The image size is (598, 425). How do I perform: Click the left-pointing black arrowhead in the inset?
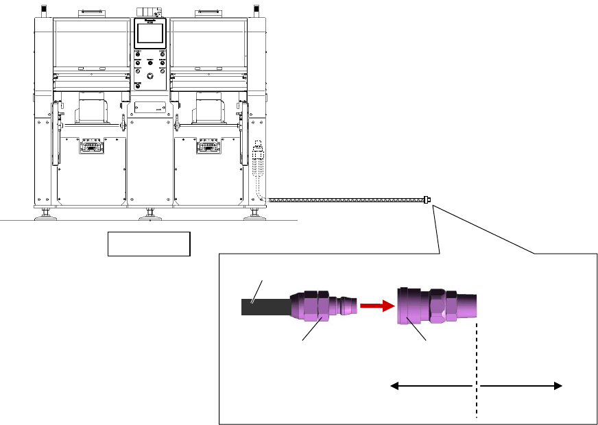point(396,387)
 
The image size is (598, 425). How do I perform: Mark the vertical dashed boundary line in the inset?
point(476,370)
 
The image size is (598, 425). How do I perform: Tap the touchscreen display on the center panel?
point(150,34)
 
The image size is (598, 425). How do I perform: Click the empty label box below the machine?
point(148,243)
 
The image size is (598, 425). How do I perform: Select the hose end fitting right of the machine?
point(428,200)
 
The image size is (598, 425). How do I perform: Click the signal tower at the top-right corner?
point(256,10)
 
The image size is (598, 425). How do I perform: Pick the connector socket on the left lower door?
point(91,147)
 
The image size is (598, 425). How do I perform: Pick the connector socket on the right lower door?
point(208,147)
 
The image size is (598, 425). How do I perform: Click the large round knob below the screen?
point(149,77)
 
